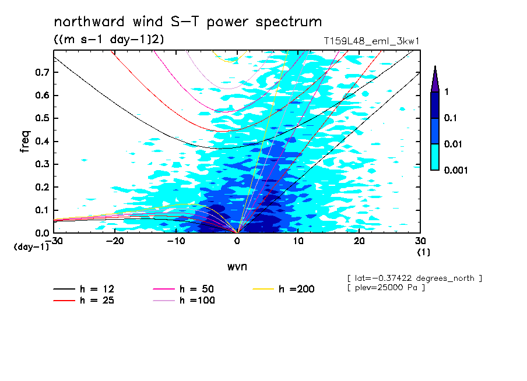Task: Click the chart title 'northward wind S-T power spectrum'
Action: [x=188, y=22]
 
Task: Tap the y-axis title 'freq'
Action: [x=24, y=142]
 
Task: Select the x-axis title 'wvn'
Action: [x=237, y=266]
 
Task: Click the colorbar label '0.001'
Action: [x=456, y=170]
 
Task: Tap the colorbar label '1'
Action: [x=447, y=92]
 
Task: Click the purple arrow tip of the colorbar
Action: [x=435, y=79]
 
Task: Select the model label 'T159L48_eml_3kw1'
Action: [x=372, y=41]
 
